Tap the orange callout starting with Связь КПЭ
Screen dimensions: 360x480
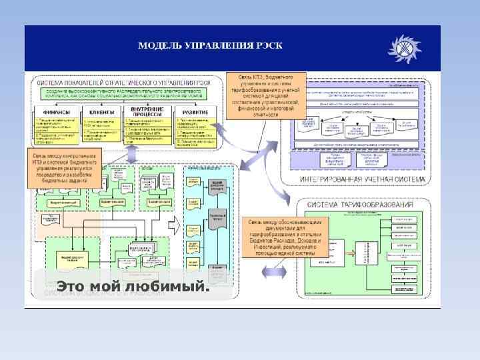(x=266, y=95)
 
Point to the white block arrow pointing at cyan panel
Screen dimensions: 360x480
(x=175, y=225)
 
